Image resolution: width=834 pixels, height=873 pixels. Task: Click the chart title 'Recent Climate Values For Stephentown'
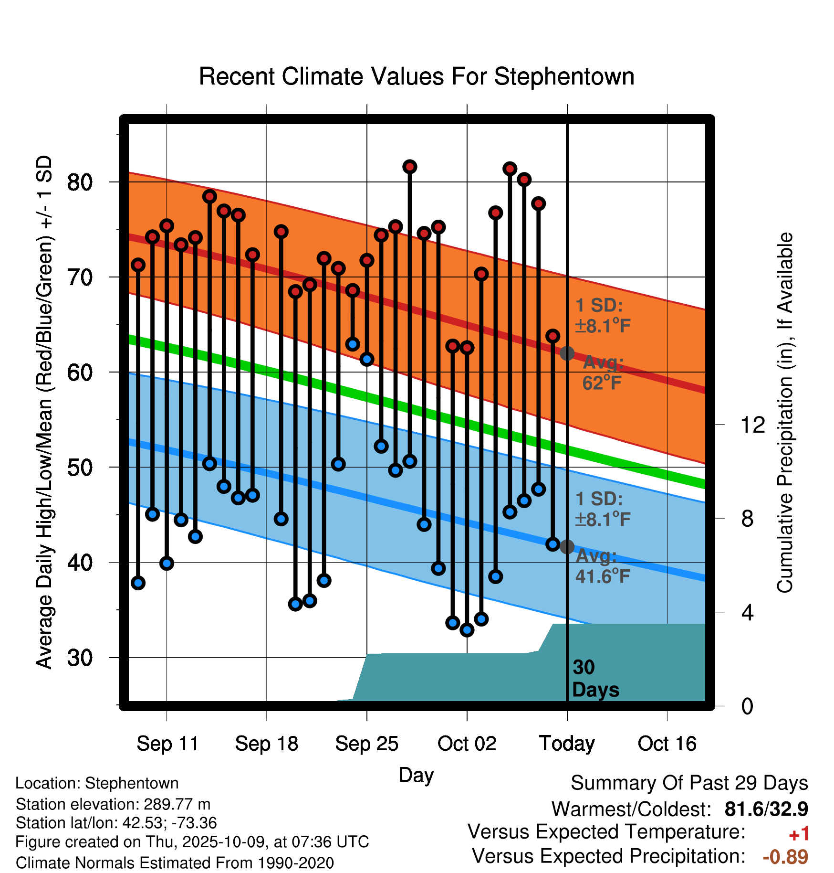coord(417,76)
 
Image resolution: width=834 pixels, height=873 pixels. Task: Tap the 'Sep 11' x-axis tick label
coord(167,744)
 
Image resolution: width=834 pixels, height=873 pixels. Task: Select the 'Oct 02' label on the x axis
coord(467,744)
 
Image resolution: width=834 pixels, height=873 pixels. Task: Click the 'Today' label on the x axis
coord(567,744)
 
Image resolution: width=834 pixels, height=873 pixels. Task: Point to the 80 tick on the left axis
coord(80,182)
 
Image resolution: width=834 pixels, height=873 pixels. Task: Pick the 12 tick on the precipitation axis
coord(752,425)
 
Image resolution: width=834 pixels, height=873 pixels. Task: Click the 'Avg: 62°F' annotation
coord(602,373)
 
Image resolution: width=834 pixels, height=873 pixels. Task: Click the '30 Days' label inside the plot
coord(595,679)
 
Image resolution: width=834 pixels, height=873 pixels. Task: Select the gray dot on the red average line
coord(567,353)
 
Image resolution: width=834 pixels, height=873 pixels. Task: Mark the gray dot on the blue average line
coord(567,547)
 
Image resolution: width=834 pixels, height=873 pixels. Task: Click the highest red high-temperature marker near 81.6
coord(409,167)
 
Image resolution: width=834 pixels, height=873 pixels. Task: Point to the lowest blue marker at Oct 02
coord(467,630)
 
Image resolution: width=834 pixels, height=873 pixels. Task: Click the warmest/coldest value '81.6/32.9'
coord(766,809)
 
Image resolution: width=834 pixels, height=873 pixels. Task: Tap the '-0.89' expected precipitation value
coord(785,857)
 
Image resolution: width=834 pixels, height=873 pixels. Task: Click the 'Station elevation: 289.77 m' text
coord(113,804)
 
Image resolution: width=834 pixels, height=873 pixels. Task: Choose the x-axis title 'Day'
coord(416,775)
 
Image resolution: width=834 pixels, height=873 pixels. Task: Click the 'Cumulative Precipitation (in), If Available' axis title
coord(785,413)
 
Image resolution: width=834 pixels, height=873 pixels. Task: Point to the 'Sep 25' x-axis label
coord(366,744)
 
